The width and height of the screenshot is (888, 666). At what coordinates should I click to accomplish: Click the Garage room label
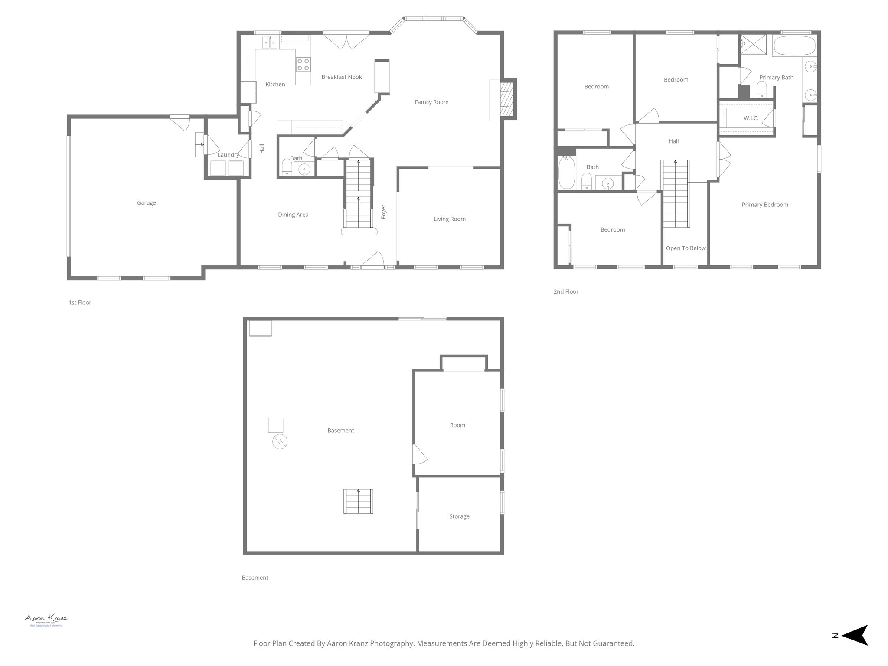[146, 202]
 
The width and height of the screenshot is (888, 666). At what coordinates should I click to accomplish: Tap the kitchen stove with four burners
[303, 65]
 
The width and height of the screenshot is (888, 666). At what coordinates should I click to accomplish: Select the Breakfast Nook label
[342, 77]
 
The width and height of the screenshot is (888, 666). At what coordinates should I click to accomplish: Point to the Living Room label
[450, 219]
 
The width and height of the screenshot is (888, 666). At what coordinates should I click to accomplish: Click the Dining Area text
[293, 215]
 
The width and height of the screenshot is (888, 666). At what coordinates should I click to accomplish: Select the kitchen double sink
[270, 42]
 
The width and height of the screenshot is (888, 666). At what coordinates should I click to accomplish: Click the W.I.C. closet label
[751, 118]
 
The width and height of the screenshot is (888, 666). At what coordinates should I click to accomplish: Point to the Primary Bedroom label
[765, 205]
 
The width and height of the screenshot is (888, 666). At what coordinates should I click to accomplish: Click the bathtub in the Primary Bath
[794, 46]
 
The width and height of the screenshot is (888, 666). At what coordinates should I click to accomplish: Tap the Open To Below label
[686, 248]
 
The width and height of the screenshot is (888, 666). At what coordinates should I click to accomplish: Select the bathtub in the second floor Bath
[566, 173]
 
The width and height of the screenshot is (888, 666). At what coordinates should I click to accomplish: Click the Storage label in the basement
[459, 516]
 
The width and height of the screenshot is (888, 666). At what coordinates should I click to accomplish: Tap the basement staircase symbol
[358, 501]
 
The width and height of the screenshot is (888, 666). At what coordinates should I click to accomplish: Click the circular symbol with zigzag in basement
[280, 441]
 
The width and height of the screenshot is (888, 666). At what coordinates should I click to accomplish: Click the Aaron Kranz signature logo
[46, 619]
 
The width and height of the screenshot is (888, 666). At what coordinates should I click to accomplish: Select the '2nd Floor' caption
[566, 291]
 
